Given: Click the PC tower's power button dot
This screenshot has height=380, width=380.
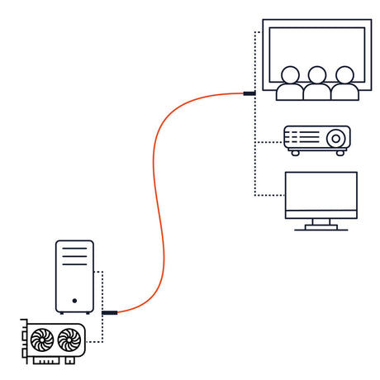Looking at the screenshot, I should [74, 301].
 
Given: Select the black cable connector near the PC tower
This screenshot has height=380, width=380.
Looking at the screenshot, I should [110, 313].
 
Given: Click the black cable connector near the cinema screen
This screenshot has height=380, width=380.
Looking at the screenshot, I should [249, 93].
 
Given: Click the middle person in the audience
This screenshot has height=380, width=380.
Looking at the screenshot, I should [316, 83].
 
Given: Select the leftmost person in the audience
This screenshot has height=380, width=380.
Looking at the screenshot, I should [289, 83].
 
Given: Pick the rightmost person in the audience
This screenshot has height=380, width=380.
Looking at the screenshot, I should [344, 83].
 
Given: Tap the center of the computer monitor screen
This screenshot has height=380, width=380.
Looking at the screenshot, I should [321, 192].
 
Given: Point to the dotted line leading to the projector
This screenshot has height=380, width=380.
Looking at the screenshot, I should [268, 142].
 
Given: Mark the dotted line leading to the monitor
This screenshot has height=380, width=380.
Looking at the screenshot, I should [268, 196].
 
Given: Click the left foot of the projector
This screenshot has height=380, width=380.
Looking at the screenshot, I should [294, 153].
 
